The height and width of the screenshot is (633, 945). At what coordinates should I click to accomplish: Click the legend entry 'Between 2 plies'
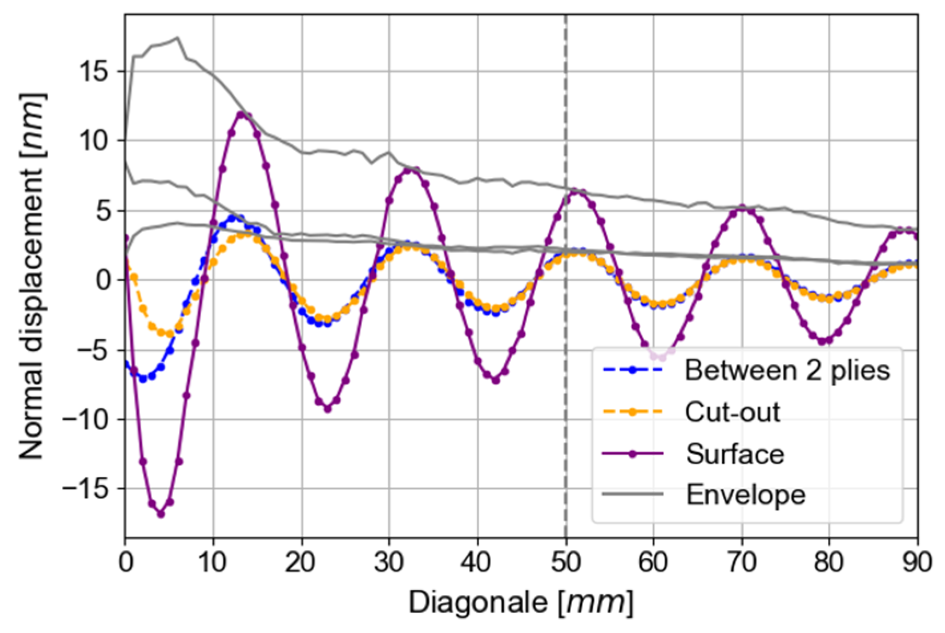tap(787, 370)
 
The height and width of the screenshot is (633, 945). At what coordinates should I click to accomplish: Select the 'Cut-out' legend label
tap(732, 411)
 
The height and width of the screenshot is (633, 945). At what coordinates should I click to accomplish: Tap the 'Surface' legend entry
tap(735, 454)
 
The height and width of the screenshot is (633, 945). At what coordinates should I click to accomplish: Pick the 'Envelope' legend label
tap(745, 495)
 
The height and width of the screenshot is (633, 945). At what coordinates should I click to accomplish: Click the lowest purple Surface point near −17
tap(161, 514)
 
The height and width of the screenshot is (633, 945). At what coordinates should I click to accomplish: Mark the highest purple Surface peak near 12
tap(241, 114)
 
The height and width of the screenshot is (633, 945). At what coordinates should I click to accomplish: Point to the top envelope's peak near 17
tap(177, 38)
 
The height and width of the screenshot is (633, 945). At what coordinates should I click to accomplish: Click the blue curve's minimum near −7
tap(143, 379)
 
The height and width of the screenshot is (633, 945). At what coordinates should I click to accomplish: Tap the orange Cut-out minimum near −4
tap(170, 334)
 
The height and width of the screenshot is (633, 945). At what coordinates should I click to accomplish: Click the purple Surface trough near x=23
tap(328, 409)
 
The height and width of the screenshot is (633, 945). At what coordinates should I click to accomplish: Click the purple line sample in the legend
tap(632, 454)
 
